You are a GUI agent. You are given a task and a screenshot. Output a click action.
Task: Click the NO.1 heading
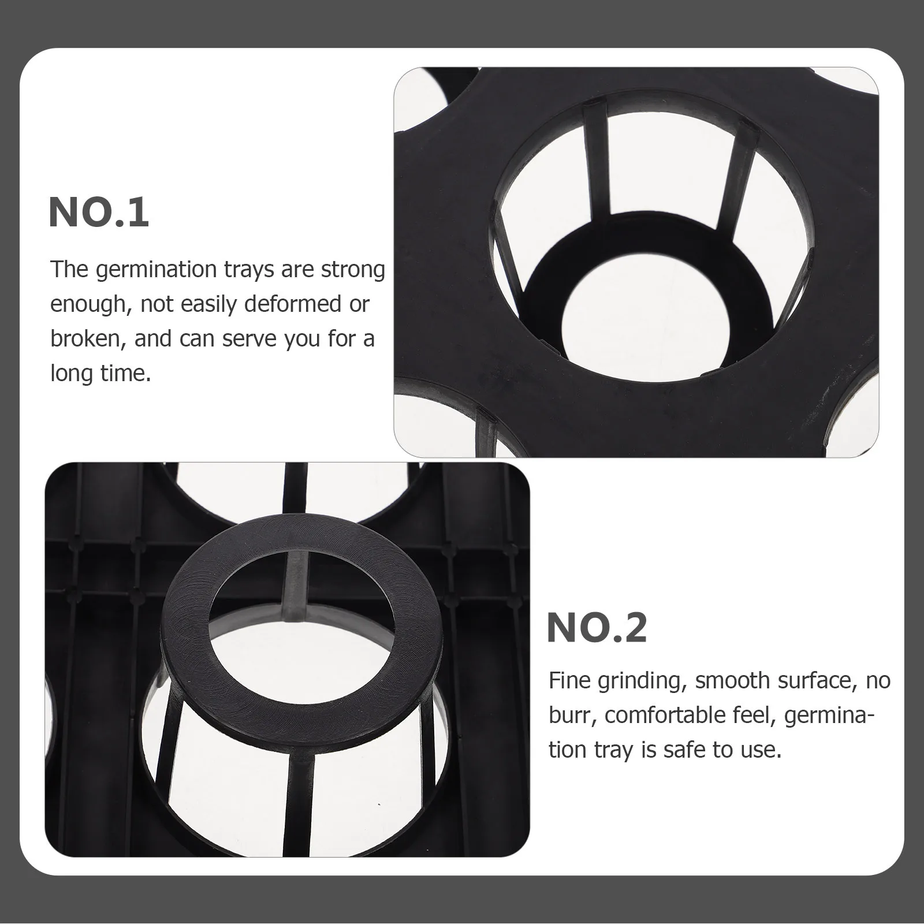(x=99, y=213)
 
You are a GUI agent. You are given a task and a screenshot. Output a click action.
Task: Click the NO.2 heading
(x=597, y=628)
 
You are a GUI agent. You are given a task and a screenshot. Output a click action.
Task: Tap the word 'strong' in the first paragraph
(x=353, y=270)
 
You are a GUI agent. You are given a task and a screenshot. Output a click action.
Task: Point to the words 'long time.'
(x=100, y=373)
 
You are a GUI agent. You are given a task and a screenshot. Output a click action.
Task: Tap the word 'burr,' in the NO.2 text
(x=572, y=716)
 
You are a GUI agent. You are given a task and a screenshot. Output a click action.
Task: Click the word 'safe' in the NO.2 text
(x=685, y=750)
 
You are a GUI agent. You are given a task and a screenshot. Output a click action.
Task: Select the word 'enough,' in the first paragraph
(x=90, y=304)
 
